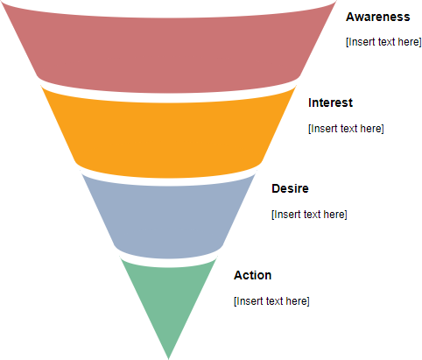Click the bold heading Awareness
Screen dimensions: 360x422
[377, 17]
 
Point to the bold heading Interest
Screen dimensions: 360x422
[330, 102]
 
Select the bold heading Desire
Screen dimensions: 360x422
[290, 188]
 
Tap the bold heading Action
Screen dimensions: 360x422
[252, 275]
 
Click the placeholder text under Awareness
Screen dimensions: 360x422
[383, 42]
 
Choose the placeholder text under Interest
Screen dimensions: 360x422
[346, 129]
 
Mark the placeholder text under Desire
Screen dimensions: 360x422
[309, 215]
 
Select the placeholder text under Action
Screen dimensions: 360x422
[271, 301]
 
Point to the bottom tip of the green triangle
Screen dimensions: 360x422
[168, 357]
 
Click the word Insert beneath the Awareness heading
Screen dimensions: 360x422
[362, 42]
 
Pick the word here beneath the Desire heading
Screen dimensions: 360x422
[335, 215]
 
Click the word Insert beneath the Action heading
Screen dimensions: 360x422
[250, 301]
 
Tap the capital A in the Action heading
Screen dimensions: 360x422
[238, 275]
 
